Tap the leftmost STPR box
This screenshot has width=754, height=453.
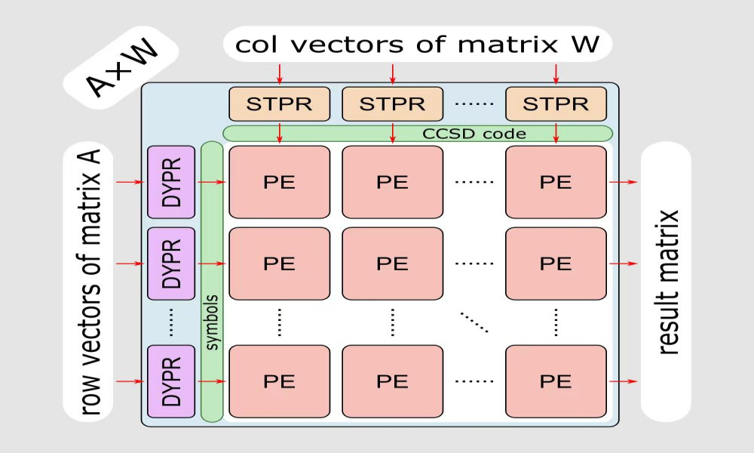point(279,103)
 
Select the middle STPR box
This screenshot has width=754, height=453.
point(392,103)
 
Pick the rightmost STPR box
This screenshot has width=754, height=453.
point(556,103)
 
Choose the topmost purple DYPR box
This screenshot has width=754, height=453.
point(172,182)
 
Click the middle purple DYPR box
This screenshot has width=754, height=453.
point(172,263)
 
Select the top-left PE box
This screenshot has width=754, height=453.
point(279,182)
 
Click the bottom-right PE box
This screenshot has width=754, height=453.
point(556,381)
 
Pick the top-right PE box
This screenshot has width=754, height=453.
point(556,182)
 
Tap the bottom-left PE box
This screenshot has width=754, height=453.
point(279,381)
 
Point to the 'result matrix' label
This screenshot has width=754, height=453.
point(667,282)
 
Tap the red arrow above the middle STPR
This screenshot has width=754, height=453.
point(392,74)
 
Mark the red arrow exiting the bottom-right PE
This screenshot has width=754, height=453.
point(623,381)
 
